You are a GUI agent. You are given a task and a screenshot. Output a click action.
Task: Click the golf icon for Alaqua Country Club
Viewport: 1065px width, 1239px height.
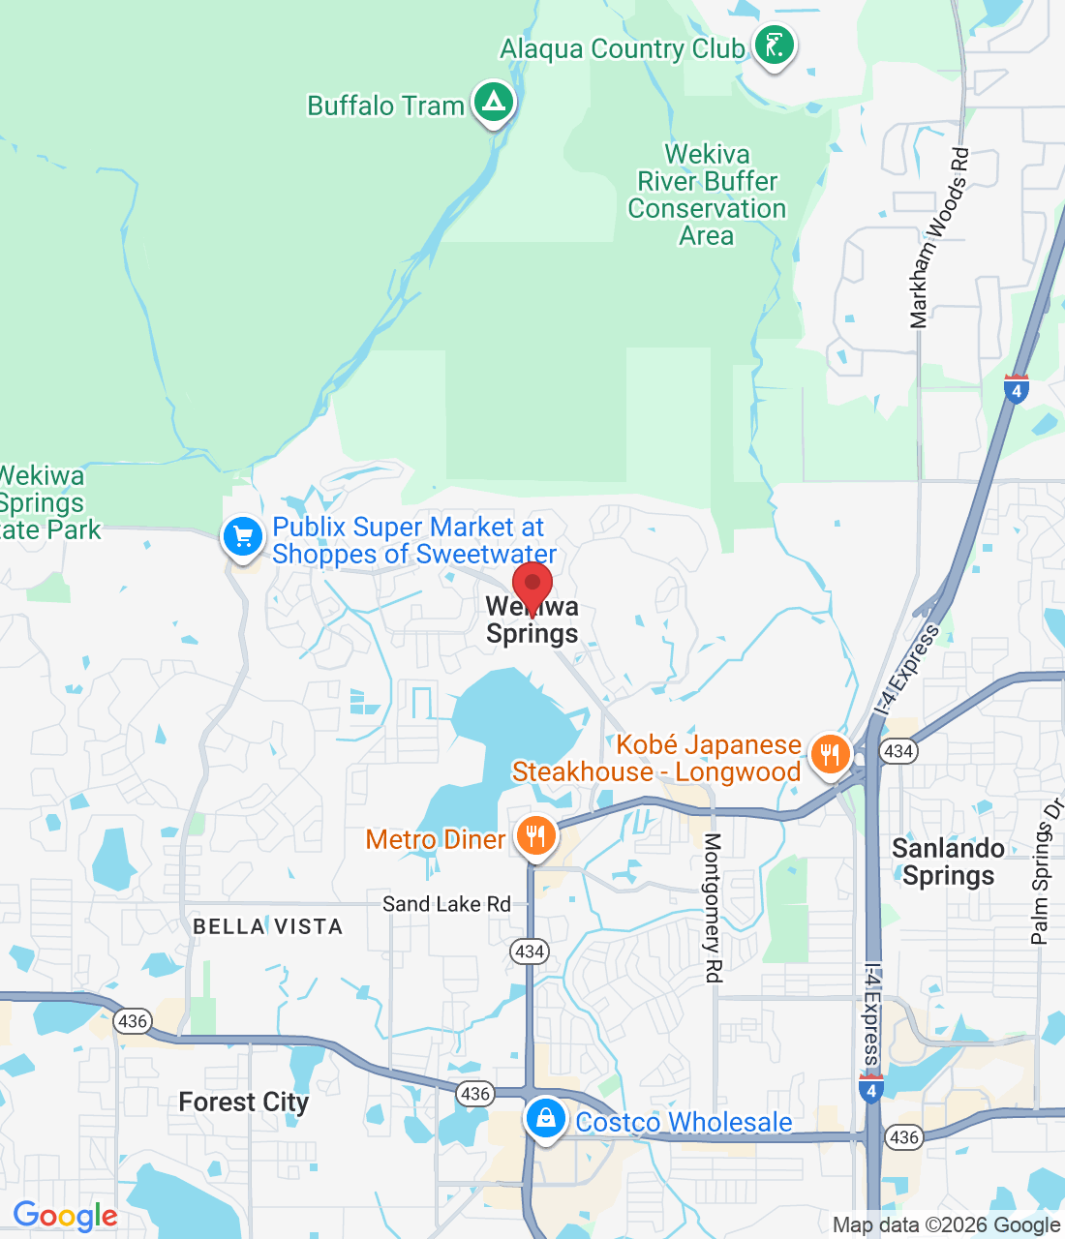pyautogui.click(x=774, y=45)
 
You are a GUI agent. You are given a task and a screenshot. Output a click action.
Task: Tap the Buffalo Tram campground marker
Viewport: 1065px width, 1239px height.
pyautogui.click(x=493, y=102)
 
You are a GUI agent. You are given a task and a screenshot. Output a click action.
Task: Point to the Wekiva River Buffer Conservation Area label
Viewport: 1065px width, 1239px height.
pyautogui.click(x=707, y=195)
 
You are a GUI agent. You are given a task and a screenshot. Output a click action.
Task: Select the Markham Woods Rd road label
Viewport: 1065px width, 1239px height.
pyautogui.click(x=938, y=238)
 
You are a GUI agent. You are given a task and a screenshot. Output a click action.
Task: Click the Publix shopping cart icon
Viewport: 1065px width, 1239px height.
pyautogui.click(x=243, y=536)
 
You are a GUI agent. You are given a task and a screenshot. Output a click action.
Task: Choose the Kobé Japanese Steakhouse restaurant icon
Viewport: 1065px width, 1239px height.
pyautogui.click(x=830, y=754)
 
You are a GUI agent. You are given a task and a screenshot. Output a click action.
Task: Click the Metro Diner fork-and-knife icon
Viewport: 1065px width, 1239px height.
pyautogui.click(x=535, y=836)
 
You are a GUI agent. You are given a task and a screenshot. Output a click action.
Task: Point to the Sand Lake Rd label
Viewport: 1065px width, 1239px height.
pyautogui.click(x=446, y=904)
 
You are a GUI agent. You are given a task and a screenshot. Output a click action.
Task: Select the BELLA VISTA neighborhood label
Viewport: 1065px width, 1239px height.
pyautogui.click(x=268, y=926)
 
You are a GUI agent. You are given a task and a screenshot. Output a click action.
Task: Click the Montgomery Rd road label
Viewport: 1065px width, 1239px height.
pyautogui.click(x=714, y=907)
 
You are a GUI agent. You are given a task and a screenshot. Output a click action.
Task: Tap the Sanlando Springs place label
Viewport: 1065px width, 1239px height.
pyautogui.click(x=948, y=861)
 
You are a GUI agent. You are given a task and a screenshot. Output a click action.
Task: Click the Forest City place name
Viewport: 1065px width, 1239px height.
pyautogui.click(x=244, y=1102)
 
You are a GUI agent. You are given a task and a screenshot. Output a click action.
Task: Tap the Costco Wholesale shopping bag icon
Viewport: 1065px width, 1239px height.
pyautogui.click(x=546, y=1119)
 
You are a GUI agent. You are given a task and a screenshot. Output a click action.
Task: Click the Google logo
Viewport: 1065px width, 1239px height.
pyautogui.click(x=66, y=1216)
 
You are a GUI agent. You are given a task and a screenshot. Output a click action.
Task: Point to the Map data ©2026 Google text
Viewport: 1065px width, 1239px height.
pyautogui.click(x=946, y=1225)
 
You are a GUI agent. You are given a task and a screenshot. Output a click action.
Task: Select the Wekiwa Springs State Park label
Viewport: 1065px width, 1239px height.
pyautogui.click(x=44, y=502)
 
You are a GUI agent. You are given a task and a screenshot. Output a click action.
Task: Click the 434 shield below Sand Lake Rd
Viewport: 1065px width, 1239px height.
pyautogui.click(x=530, y=951)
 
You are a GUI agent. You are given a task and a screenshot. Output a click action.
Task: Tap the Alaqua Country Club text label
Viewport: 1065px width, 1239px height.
pyautogui.click(x=622, y=48)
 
